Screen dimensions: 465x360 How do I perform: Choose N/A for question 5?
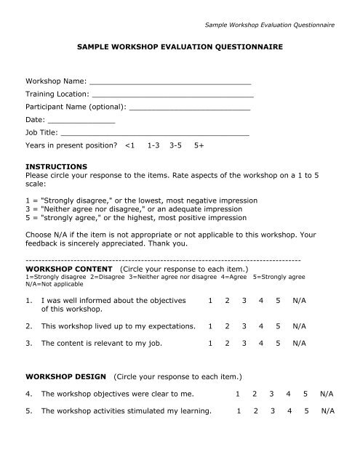(x=328, y=411)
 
